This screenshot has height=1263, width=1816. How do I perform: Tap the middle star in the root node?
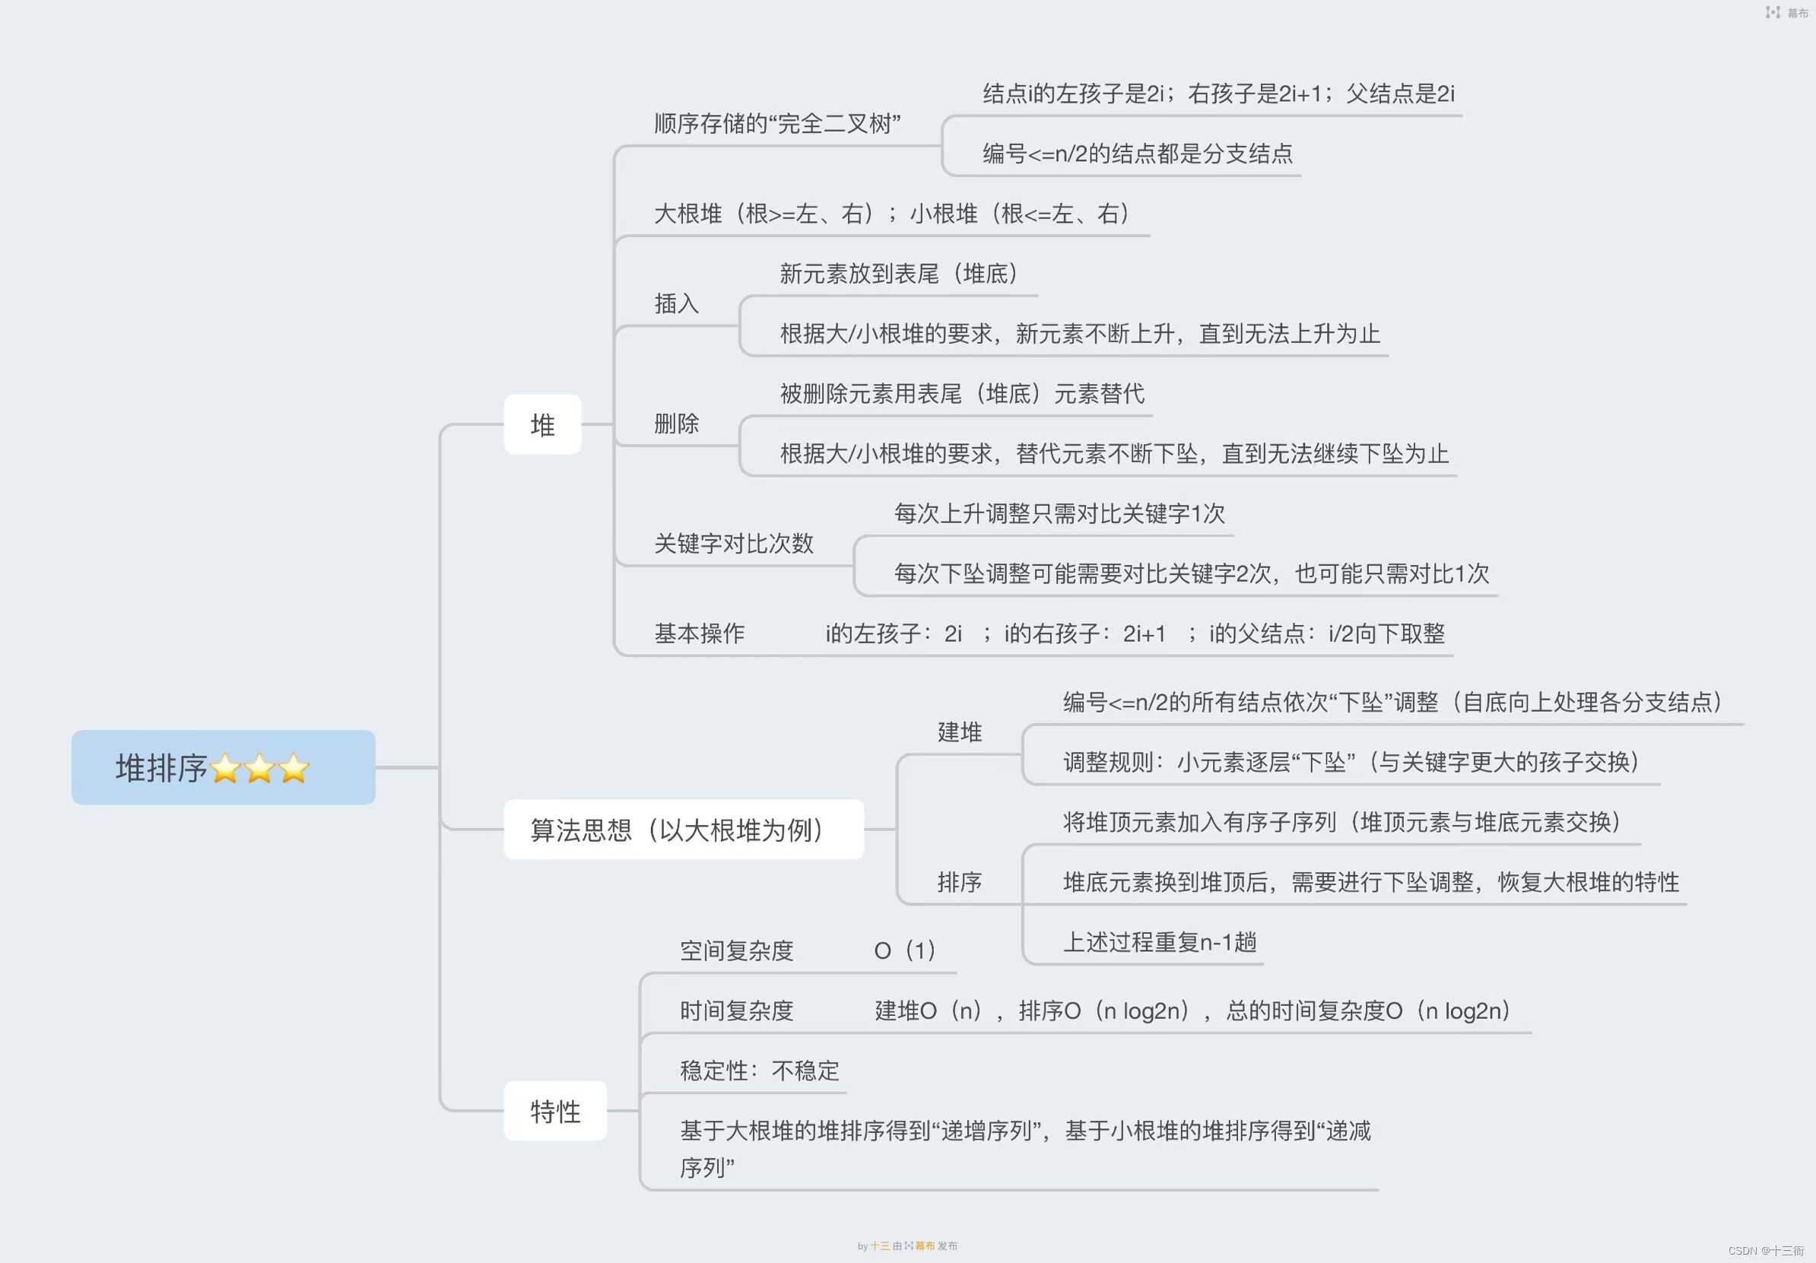click(x=259, y=769)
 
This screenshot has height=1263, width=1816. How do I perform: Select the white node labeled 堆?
click(x=542, y=425)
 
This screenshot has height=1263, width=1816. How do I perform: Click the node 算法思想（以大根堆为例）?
click(x=684, y=830)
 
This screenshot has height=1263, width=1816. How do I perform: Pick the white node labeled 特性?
click(x=555, y=1111)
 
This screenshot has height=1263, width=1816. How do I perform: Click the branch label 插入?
click(x=676, y=303)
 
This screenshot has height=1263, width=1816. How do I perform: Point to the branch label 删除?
click(x=676, y=424)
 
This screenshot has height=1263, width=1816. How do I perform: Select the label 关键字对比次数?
click(x=733, y=544)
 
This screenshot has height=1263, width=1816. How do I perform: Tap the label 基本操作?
click(x=699, y=633)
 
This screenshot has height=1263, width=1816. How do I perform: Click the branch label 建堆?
click(x=960, y=732)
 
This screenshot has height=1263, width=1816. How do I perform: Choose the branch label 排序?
click(x=960, y=882)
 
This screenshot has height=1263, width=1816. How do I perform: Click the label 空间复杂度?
click(x=736, y=950)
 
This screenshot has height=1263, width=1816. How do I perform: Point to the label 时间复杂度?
click(x=736, y=1011)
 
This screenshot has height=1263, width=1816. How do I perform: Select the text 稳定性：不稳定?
click(x=759, y=1071)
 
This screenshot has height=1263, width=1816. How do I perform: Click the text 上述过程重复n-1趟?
click(x=1160, y=942)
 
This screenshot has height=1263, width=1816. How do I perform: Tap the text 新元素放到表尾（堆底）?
click(x=900, y=274)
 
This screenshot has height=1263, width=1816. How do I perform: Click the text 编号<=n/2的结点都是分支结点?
click(x=1138, y=154)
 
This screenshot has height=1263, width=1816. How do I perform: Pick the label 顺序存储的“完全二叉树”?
click(x=777, y=123)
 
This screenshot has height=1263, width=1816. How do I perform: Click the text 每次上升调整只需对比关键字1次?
click(x=1059, y=514)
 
